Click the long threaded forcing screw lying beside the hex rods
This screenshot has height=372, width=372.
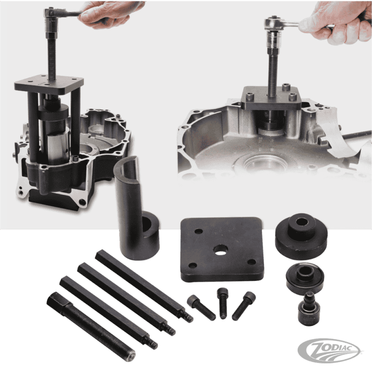pyautogui.click(x=90, y=325)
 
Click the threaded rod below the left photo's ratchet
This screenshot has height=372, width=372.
pyautogui.click(x=53, y=51)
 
